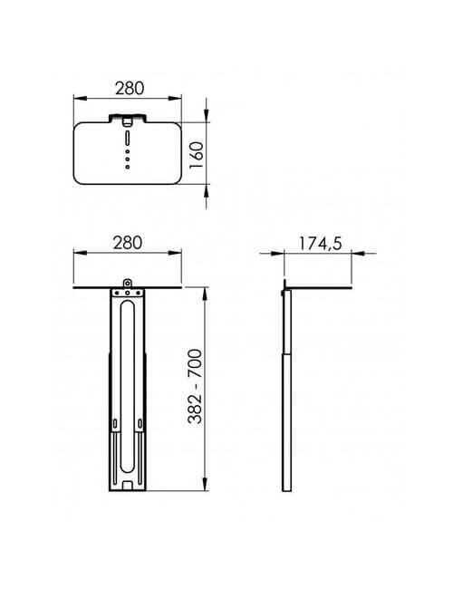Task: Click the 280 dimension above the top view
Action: click(x=130, y=88)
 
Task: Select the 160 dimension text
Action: click(x=197, y=155)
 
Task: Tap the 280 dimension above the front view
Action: click(x=128, y=243)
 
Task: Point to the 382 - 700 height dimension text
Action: click(x=195, y=387)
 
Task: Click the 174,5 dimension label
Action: click(x=321, y=244)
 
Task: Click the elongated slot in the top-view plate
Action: click(x=128, y=138)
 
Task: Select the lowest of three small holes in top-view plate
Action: click(x=128, y=167)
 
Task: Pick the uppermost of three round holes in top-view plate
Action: click(x=128, y=151)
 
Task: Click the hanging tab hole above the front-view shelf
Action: click(x=128, y=283)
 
